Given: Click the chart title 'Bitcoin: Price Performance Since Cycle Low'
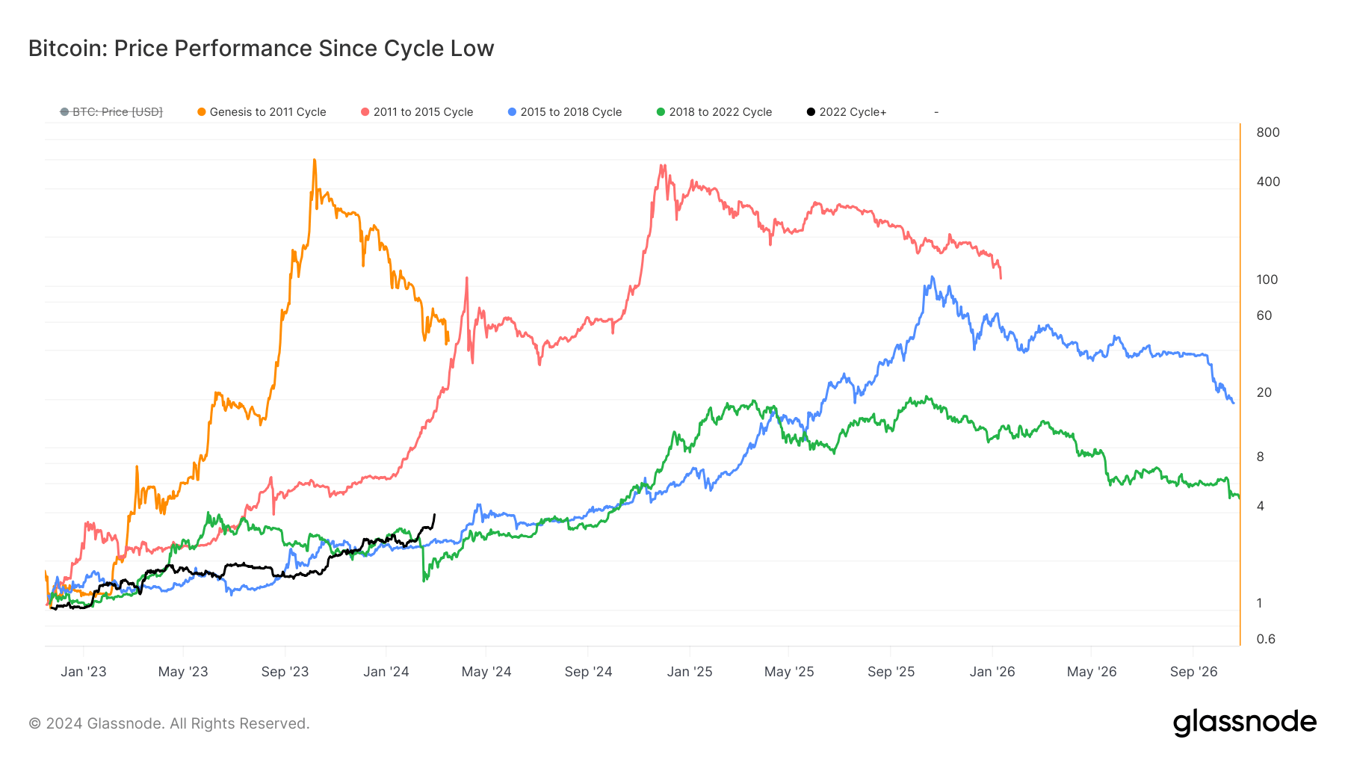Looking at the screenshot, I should coord(261,49).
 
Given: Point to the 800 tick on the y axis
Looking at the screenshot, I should coord(1268,132).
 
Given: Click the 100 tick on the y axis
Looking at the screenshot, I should coord(1267,279).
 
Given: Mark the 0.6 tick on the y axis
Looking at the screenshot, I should coord(1266,639).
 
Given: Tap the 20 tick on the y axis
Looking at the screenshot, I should coord(1264,392).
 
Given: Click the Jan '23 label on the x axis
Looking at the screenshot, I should coord(84,672).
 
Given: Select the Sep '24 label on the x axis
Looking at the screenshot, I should coord(588,672).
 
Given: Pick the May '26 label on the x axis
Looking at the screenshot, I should coord(1091,672).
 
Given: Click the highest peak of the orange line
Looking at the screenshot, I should coord(314,160).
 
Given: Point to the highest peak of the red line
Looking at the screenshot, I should coord(662,166).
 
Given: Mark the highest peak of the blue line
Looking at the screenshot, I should coord(932,277).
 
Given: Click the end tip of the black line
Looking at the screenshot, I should coord(434,514).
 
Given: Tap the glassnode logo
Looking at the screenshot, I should coord(1244,723).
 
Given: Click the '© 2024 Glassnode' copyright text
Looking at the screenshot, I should coord(169,723).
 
